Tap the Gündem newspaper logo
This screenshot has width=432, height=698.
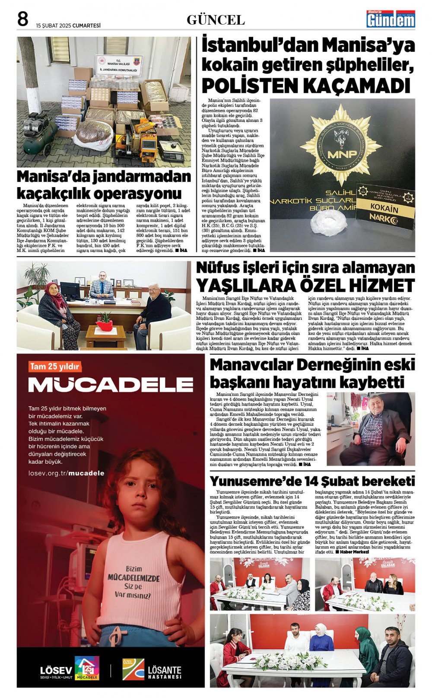(x=391, y=19)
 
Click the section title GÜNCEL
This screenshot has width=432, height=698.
(x=216, y=20)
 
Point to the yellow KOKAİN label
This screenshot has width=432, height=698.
(x=384, y=208)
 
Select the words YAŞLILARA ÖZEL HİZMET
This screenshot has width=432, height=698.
(x=305, y=286)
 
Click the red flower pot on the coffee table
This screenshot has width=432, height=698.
(x=104, y=323)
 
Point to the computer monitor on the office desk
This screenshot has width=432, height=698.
(x=70, y=290)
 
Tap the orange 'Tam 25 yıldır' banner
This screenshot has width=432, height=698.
(x=54, y=367)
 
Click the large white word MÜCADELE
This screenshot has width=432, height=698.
(x=111, y=385)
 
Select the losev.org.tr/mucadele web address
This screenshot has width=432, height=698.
(x=66, y=473)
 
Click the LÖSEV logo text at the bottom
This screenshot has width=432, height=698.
(x=56, y=670)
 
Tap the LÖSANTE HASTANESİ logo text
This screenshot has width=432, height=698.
(x=165, y=672)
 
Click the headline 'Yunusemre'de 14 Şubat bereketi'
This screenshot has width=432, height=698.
(x=312, y=481)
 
